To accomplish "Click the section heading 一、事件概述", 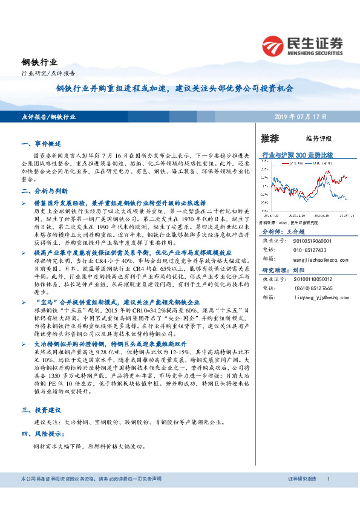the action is tap(38, 144).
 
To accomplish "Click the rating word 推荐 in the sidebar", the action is tap(270, 138).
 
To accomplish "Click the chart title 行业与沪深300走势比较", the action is tap(297, 155).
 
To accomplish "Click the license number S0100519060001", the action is tap(306, 240).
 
